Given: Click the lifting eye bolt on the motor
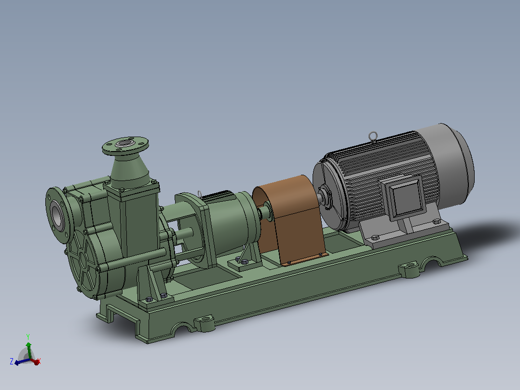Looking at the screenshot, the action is pyautogui.click(x=373, y=136).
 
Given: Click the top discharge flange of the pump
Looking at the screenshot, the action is pyautogui.click(x=125, y=145).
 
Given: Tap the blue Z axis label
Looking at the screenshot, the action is pyautogui.click(x=12, y=362).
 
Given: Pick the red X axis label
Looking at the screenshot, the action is pyautogui.click(x=39, y=361).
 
